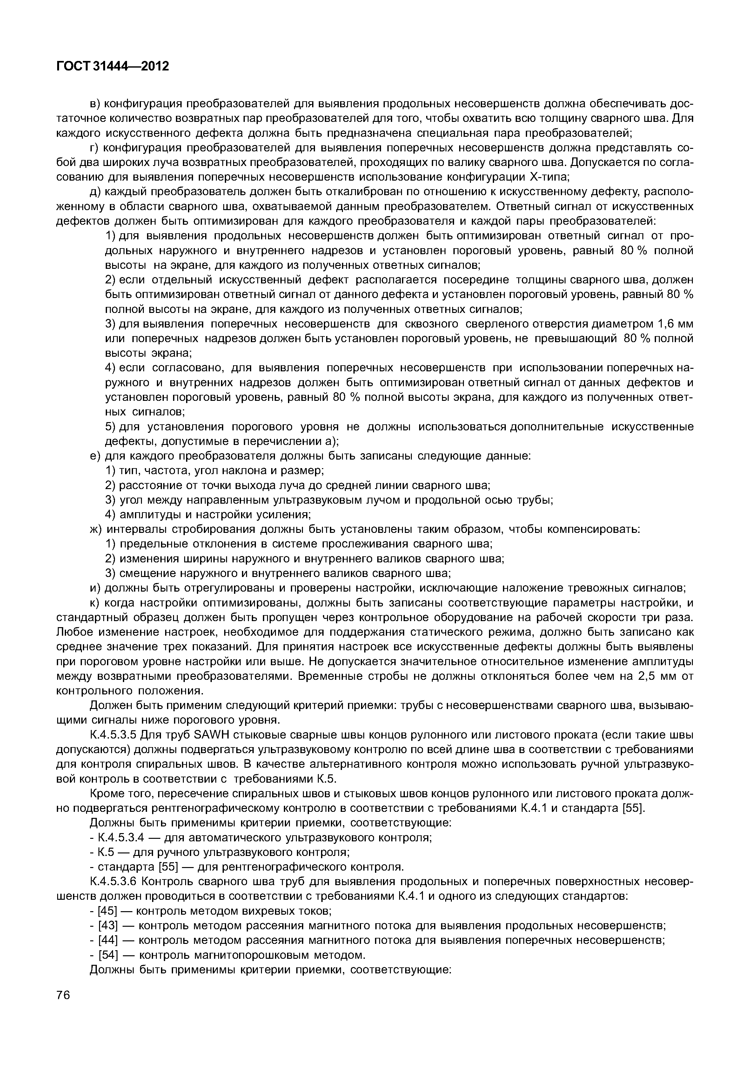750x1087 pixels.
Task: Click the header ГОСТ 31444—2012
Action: [x=112, y=67]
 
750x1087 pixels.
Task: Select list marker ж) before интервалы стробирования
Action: [x=96, y=529]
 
